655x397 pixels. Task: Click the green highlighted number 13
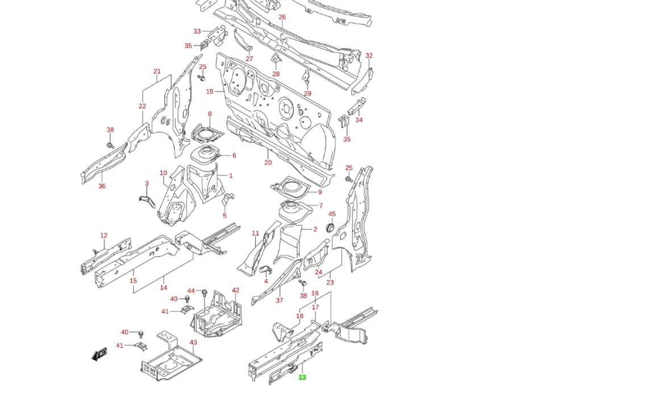click(x=302, y=377)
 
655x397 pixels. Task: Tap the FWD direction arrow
click(x=100, y=355)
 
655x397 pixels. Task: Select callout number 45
click(x=332, y=214)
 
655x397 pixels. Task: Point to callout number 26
click(x=282, y=17)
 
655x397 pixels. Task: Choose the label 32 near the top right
click(x=369, y=56)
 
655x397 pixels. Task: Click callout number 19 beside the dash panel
click(x=210, y=91)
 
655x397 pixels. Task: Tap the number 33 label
click(x=197, y=32)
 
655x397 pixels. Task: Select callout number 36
click(x=102, y=186)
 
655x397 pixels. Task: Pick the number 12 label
click(x=103, y=235)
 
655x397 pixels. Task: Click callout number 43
click(x=193, y=342)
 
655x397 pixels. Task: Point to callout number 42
click(x=235, y=290)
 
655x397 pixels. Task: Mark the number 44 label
click(x=191, y=290)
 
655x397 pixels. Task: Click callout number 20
click(x=268, y=162)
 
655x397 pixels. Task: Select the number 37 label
click(x=279, y=300)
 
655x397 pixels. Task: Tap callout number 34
click(x=359, y=120)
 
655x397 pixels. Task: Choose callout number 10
click(x=163, y=173)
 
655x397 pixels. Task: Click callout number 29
click(x=308, y=94)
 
